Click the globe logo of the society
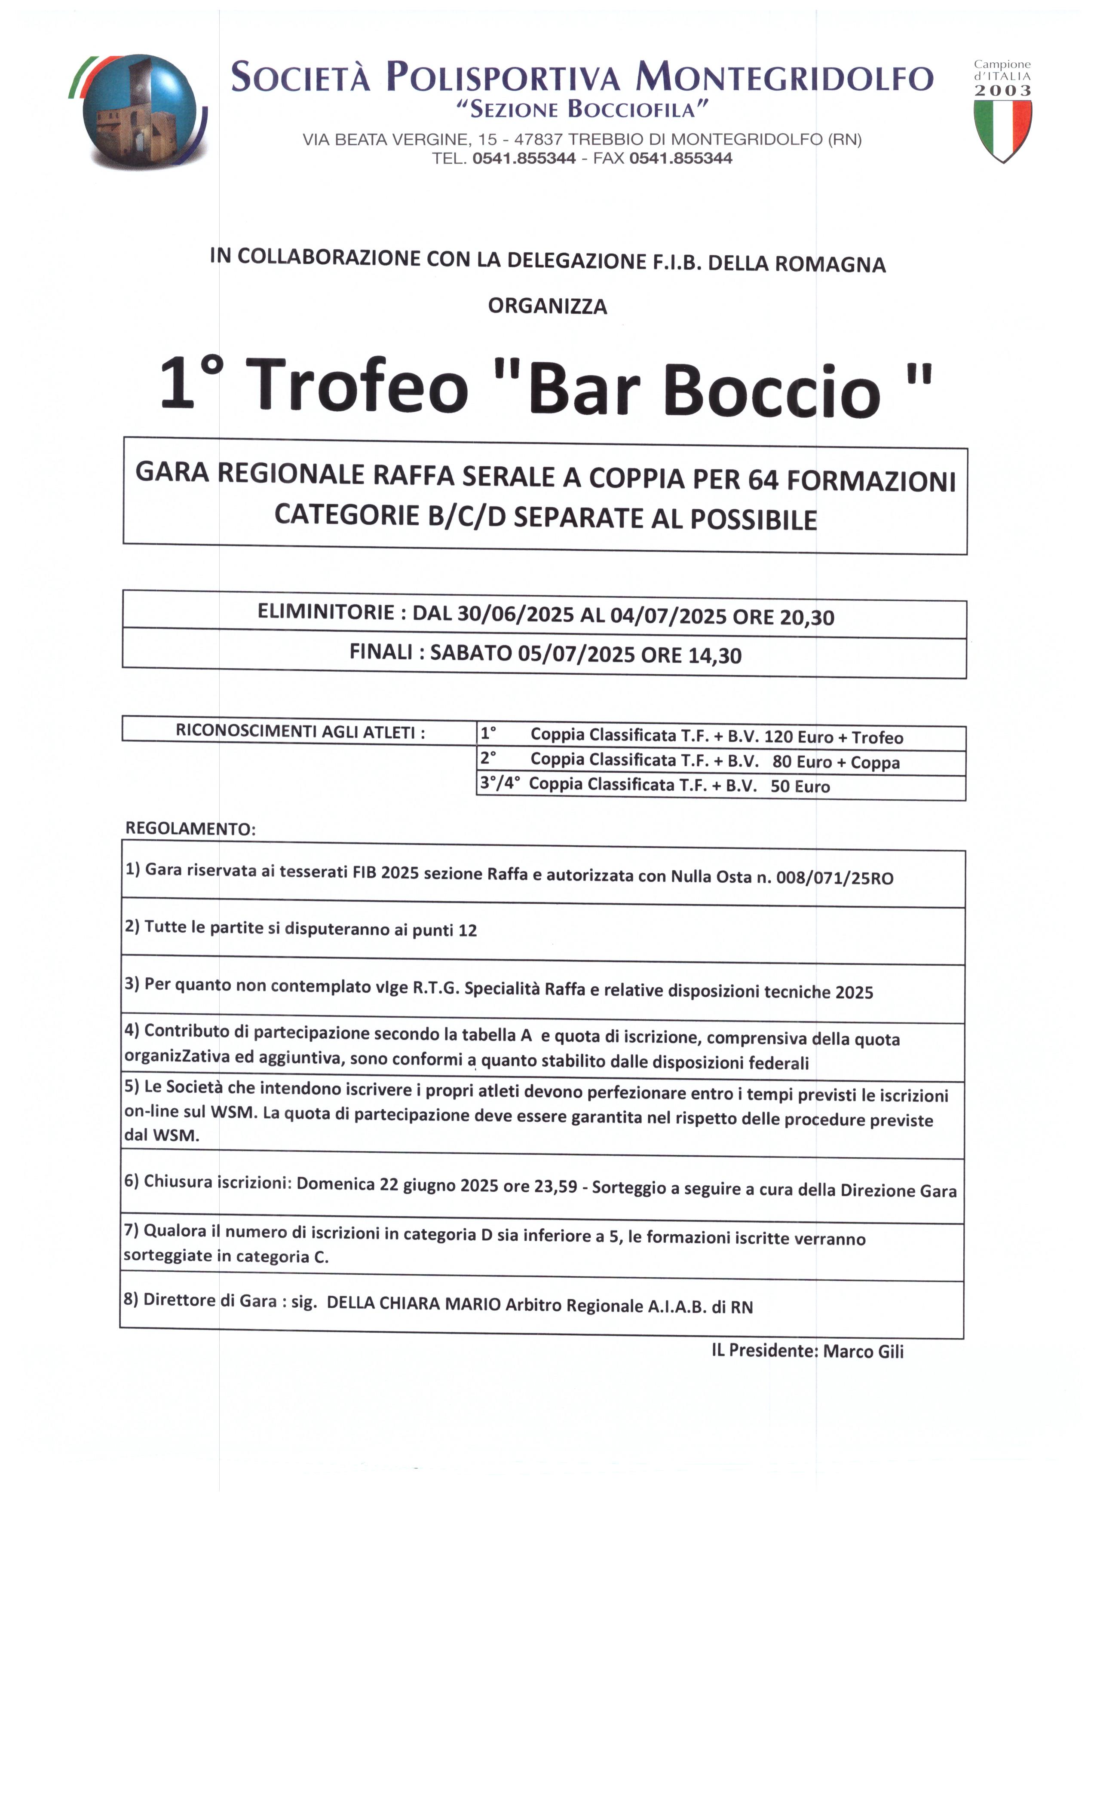[x=139, y=111]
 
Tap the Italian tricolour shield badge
[x=1002, y=130]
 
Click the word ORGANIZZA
[x=547, y=306]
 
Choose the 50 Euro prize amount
[x=800, y=787]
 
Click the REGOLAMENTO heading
[x=190, y=829]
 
